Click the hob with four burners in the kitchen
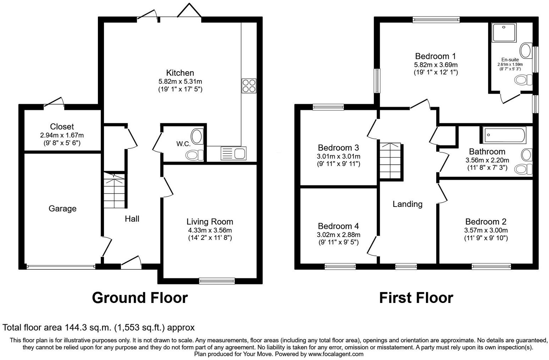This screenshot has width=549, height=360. [x=249, y=86]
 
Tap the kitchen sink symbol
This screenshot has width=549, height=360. [x=234, y=153]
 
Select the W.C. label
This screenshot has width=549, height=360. [x=183, y=144]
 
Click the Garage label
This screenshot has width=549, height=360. [x=62, y=209]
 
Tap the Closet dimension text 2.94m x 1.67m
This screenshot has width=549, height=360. [x=62, y=135]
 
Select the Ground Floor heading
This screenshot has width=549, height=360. [x=140, y=298]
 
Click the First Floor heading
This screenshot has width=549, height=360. [x=416, y=298]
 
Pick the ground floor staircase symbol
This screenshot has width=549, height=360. [x=114, y=191]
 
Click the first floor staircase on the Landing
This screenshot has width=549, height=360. [x=390, y=161]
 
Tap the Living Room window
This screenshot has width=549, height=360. [x=217, y=281]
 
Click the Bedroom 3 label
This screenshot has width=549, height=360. [x=338, y=148]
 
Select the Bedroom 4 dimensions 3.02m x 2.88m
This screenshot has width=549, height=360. [x=338, y=235]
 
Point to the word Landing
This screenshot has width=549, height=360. [x=407, y=204]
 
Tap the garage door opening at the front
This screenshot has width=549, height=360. [x=61, y=266]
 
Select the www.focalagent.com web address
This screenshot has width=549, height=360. [x=335, y=354]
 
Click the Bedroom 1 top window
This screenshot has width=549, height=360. [x=436, y=20]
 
